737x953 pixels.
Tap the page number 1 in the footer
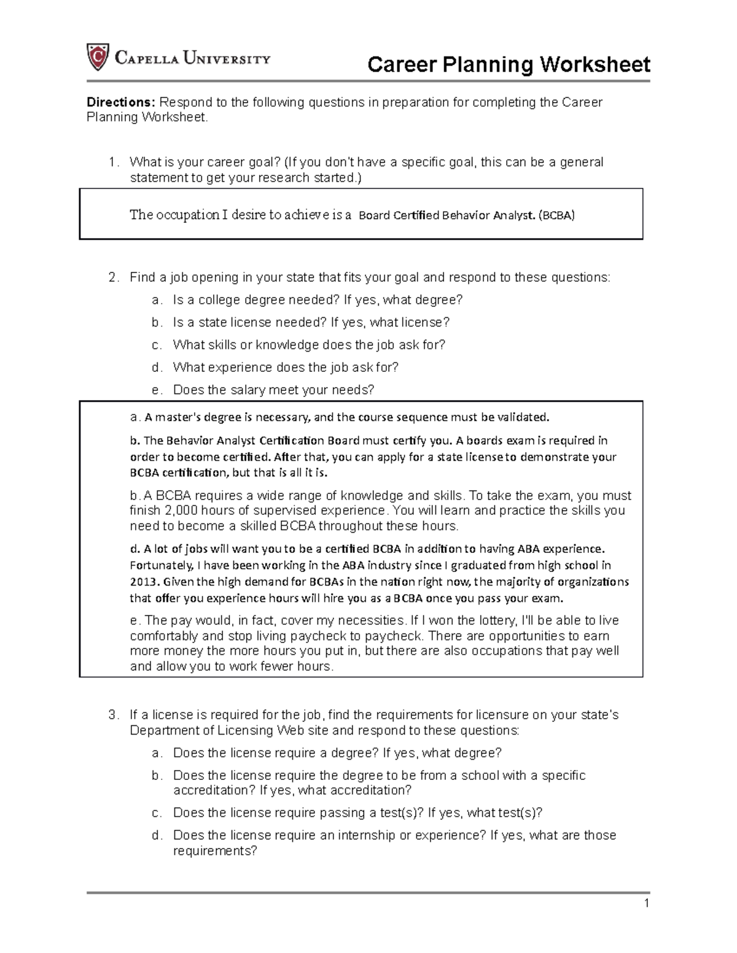pyautogui.click(x=647, y=903)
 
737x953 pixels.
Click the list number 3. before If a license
pyautogui.click(x=112, y=715)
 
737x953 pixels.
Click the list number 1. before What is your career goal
pyautogui.click(x=112, y=162)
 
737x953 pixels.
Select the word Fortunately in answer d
pyautogui.click(x=162, y=565)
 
